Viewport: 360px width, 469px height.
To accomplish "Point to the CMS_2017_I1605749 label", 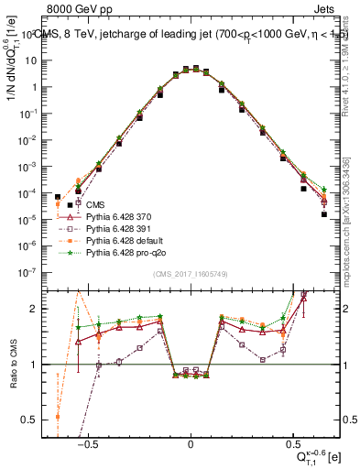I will pyautogui.click(x=191, y=275).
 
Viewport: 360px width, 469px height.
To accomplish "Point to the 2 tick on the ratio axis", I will pyautogui.click(x=36, y=309).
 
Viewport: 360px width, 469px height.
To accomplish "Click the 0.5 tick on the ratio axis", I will pyautogui.click(x=32, y=420).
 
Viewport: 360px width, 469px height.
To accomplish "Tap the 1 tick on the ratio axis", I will pyautogui.click(x=36, y=365).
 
